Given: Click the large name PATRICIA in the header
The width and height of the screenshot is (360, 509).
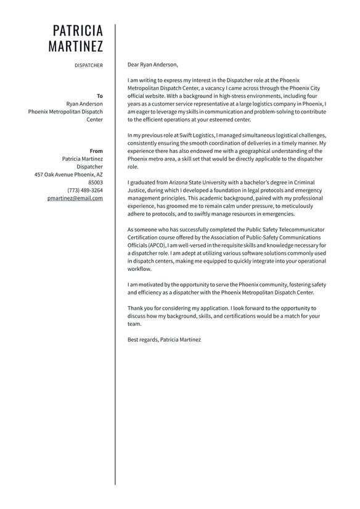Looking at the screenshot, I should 78,31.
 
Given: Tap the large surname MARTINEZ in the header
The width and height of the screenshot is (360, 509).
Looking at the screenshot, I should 76,46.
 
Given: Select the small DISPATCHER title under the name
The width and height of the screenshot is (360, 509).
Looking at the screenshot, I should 89,65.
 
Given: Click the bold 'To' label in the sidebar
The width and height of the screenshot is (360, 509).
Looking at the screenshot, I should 100,96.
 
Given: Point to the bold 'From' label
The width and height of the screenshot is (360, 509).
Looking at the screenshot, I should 96,151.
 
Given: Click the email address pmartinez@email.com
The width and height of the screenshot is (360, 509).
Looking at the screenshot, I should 75,198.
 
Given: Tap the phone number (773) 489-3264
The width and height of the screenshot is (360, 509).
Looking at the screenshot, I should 85,190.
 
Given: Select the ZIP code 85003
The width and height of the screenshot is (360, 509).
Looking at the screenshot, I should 96,183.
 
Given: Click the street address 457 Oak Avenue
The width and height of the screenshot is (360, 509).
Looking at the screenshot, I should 56,175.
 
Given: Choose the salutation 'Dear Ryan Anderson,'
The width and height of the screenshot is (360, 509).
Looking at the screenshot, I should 152,64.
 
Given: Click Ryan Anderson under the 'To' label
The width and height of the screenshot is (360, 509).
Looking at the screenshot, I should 84,104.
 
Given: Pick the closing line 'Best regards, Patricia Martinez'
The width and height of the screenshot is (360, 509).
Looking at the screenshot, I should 164,339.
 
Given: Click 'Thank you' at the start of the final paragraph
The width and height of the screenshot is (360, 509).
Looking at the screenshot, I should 139,308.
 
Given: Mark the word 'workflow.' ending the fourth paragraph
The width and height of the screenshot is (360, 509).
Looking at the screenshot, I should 139,269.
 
